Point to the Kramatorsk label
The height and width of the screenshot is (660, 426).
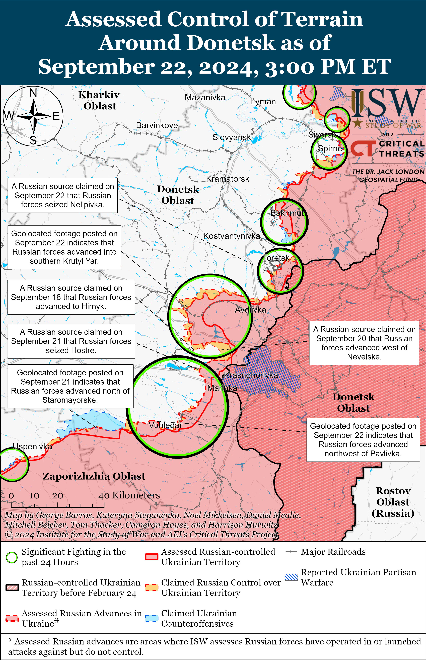227,179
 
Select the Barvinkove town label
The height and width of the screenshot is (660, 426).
157,125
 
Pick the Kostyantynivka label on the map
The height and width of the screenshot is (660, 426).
232,236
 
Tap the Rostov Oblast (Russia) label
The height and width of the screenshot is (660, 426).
393,502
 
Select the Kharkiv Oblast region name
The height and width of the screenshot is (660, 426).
99,100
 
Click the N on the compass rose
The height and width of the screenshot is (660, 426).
33,93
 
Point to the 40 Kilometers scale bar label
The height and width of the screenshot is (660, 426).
129,495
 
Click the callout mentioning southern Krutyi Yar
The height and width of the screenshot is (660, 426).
64,247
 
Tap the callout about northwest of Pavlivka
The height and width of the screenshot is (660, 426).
363,440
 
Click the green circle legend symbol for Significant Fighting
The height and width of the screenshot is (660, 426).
12,557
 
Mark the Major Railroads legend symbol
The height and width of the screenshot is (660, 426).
291,552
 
